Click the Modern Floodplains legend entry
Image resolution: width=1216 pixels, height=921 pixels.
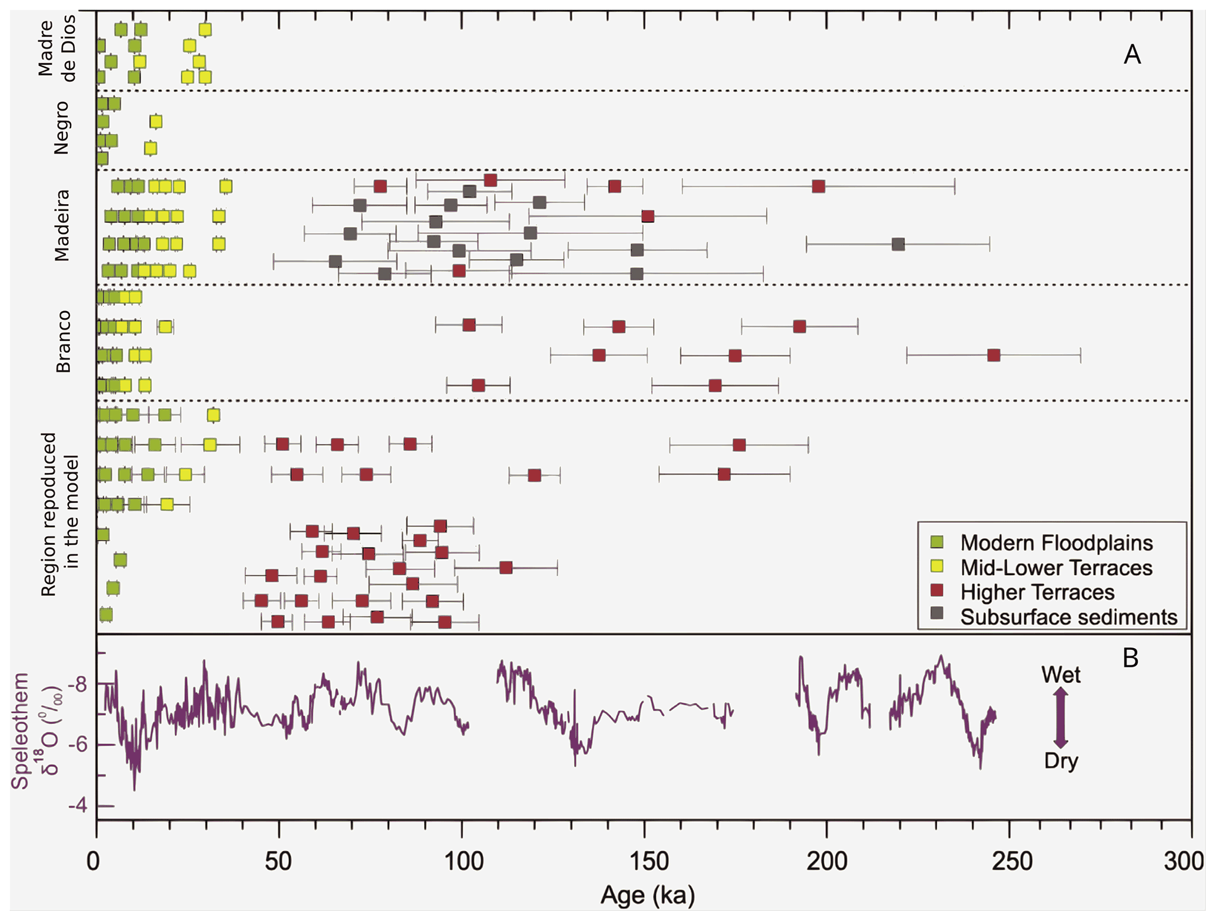[1056, 543]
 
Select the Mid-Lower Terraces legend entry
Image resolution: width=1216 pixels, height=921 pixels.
[1056, 568]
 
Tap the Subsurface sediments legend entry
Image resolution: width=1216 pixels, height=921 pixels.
[1068, 617]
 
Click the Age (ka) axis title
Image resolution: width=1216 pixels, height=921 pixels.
[647, 896]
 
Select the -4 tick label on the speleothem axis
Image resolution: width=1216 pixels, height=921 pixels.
[78, 806]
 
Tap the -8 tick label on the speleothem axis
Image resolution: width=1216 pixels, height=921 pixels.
[78, 684]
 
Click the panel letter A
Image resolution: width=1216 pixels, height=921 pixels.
[1132, 55]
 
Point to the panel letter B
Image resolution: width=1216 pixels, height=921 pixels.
[1130, 658]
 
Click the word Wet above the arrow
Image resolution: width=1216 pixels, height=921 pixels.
[1061, 675]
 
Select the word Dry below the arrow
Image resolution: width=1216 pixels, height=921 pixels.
[1061, 761]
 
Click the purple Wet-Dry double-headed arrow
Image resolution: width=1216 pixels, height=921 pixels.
[1060, 718]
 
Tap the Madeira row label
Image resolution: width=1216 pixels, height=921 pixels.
[62, 225]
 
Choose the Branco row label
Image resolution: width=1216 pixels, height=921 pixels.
[62, 342]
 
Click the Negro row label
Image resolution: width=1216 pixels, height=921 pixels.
[61, 128]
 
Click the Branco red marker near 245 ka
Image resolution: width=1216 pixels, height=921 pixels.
[994, 355]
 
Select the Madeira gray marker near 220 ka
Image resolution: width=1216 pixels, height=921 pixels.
[898, 244]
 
